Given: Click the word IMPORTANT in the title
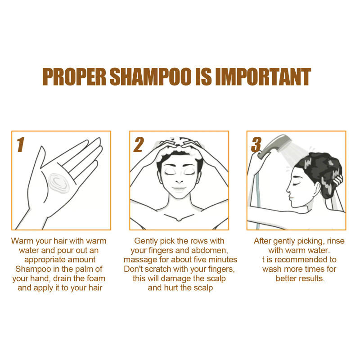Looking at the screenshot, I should click(263, 77).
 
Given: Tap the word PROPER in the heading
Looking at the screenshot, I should click(74, 77).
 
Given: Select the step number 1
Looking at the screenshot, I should click(20, 145).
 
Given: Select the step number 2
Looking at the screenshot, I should click(138, 145).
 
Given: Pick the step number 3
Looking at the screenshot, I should click(256, 145).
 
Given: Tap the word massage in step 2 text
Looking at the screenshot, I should click(139, 260).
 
